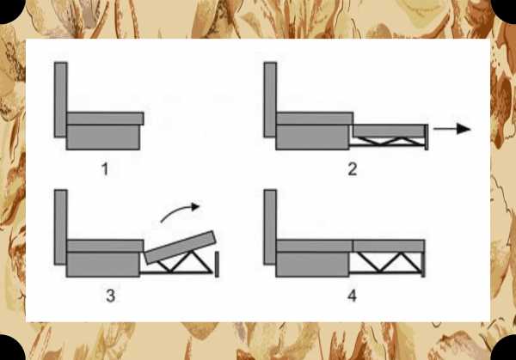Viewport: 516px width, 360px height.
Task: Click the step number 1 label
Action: (x=105, y=169)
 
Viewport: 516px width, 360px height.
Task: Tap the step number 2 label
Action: (x=352, y=169)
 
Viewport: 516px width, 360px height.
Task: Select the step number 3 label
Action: (x=111, y=296)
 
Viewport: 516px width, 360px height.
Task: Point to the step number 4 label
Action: (x=352, y=296)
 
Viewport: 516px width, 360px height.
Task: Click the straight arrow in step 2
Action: (x=452, y=129)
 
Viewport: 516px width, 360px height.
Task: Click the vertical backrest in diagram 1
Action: (x=60, y=100)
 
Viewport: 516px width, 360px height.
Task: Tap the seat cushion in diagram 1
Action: (x=105, y=119)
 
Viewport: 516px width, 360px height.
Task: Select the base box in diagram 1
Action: (x=103, y=137)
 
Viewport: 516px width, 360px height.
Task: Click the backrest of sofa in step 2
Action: (x=270, y=100)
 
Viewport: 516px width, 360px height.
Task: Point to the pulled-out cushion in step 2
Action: (x=389, y=131)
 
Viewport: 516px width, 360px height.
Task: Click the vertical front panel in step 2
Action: (x=427, y=137)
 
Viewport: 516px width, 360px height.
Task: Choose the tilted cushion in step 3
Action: (x=181, y=247)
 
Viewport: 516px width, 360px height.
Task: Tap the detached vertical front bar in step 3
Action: (x=217, y=265)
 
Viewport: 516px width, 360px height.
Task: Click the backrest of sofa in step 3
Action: (x=60, y=227)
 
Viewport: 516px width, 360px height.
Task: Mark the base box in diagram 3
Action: (x=103, y=265)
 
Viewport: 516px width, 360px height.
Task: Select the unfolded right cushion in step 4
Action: (x=389, y=246)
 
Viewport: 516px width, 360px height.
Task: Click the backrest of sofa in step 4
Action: (x=270, y=227)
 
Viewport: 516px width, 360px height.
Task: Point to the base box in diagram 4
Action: (x=313, y=265)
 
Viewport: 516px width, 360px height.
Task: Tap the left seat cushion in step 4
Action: (x=315, y=246)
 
